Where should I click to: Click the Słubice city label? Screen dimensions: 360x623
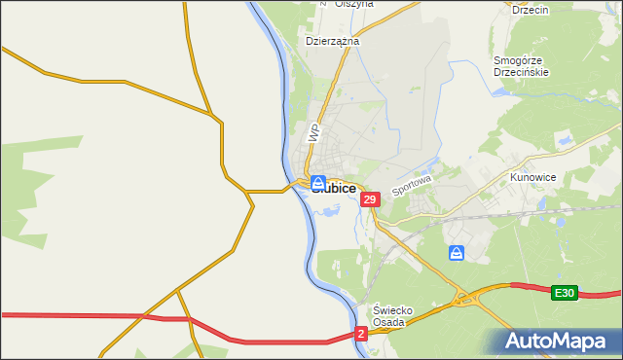[x=334, y=188]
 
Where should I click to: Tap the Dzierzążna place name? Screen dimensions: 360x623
[x=333, y=42]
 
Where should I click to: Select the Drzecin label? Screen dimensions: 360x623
[x=531, y=9]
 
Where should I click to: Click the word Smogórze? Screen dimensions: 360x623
[x=522, y=59]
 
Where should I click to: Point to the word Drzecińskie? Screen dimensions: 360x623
[x=522, y=72]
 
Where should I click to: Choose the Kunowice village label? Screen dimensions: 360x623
[x=532, y=178]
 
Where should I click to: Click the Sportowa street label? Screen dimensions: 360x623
[x=411, y=183]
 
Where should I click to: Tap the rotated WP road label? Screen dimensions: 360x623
[x=312, y=131]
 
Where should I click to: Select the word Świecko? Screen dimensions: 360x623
[x=394, y=310]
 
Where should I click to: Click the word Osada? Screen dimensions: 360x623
[x=394, y=323]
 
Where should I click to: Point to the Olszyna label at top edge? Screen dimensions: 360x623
[x=354, y=4]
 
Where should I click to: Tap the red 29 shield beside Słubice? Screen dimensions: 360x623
[x=369, y=199]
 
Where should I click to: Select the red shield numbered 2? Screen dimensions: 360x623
[x=361, y=334]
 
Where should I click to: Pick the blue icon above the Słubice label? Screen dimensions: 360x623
[x=318, y=182]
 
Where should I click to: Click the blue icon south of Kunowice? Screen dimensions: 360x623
[x=457, y=253]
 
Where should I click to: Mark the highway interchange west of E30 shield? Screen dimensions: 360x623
[x=474, y=298]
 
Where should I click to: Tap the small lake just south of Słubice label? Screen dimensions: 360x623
[x=329, y=207]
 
